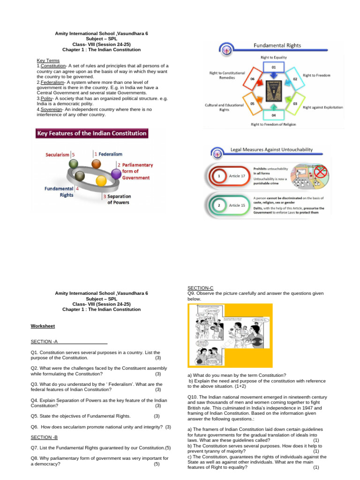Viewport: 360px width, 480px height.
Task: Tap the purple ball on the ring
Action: tap(116, 174)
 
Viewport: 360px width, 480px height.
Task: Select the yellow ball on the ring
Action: tap(100, 181)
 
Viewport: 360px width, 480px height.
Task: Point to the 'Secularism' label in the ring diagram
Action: tap(58, 154)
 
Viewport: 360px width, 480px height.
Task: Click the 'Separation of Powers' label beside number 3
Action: tap(119, 199)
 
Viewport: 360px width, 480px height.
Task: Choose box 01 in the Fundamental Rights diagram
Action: tap(273, 67)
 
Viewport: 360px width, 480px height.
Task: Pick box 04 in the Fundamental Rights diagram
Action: tap(273, 114)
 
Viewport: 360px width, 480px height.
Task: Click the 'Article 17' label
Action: tap(237, 176)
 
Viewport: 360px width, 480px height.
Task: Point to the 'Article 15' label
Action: tap(237, 205)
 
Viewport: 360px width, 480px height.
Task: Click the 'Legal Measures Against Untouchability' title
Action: tap(271, 150)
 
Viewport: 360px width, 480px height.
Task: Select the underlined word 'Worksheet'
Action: tap(43, 325)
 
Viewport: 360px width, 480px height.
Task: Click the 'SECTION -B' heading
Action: tap(44, 437)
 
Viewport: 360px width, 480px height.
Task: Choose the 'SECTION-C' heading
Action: tap(200, 287)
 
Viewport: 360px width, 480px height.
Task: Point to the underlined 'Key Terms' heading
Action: tap(48, 60)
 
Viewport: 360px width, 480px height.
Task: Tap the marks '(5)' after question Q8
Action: tap(157, 464)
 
